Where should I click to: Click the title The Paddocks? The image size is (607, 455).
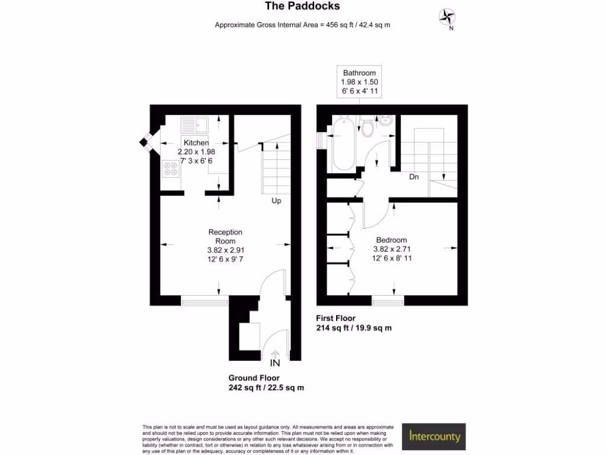point(302,7)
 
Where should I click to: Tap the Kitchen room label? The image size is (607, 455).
point(196,143)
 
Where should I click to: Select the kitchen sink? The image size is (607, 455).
point(194,125)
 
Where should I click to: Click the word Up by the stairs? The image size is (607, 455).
point(276,201)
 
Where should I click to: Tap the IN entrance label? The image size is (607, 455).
point(275,363)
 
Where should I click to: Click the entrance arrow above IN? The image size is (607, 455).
point(275,354)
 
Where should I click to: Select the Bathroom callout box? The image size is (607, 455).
point(359,82)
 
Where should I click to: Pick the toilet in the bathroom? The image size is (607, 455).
point(368,127)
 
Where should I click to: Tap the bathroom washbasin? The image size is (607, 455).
point(386,121)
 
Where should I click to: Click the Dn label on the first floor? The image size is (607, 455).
point(415,177)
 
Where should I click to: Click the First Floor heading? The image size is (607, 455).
point(336,318)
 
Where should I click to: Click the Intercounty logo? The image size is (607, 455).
point(435,437)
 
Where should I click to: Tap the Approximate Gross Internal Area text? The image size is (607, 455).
point(302,25)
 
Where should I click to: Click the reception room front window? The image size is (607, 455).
point(205,302)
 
